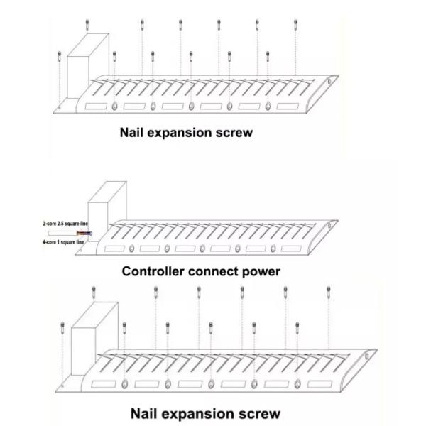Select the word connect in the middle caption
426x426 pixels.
click(212, 271)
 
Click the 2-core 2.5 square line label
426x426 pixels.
click(65, 224)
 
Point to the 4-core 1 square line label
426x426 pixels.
click(64, 242)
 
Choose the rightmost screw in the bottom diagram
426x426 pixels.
click(329, 290)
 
